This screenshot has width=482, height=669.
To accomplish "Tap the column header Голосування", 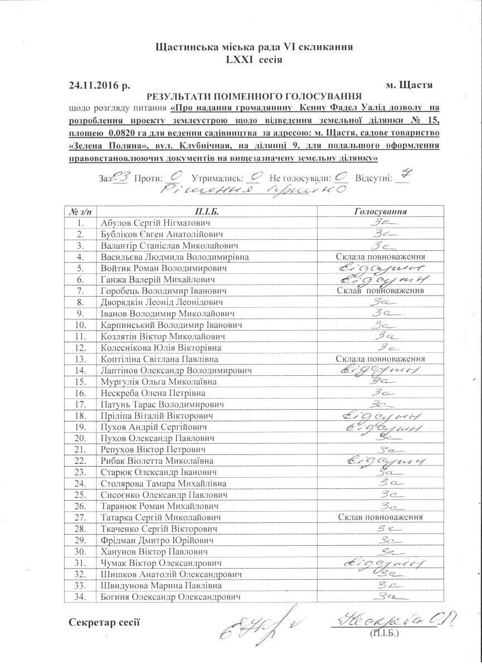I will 381,212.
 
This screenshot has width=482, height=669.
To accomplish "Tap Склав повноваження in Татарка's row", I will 381,517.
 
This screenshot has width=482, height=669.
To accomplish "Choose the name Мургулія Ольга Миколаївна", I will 159,382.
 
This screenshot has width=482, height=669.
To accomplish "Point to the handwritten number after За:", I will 120,178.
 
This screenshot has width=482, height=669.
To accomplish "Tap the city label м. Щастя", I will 409,86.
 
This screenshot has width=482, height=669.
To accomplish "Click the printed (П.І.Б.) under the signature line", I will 384,634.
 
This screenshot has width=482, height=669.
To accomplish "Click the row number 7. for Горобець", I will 81,291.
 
